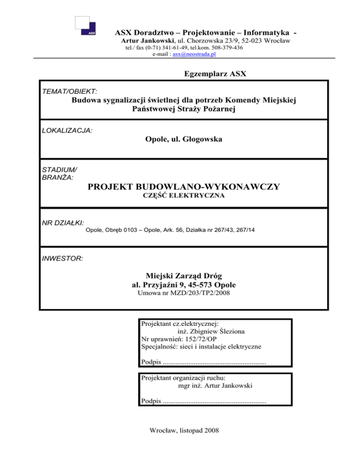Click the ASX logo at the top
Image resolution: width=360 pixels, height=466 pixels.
[x=86, y=25]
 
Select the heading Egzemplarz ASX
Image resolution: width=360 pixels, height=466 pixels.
[x=209, y=74]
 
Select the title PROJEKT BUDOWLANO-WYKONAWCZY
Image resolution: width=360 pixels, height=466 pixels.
[x=184, y=187]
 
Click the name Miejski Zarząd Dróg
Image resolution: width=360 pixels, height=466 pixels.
[x=184, y=276]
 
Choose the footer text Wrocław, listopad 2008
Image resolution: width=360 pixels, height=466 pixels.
[x=184, y=443]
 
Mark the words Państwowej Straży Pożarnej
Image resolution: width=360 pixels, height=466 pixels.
[x=184, y=109]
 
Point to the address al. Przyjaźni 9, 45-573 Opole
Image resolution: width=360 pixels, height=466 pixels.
[x=184, y=285]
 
